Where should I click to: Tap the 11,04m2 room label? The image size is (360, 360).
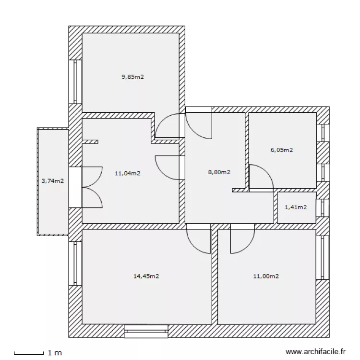click(127, 173)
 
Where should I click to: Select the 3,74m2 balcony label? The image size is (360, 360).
click(52, 181)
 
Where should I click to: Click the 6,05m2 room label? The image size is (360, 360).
click(282, 150)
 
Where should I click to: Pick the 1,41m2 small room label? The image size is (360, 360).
click(296, 207)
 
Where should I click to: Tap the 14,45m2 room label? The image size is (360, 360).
click(146, 276)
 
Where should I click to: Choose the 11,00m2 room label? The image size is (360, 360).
click(266, 276)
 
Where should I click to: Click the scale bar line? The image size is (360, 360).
click(29, 354)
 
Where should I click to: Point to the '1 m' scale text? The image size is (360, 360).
click(55, 353)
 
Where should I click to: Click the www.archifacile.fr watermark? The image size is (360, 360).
click(315, 352)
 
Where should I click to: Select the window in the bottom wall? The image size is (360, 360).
click(146, 330)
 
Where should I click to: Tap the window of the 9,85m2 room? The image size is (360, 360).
click(75, 81)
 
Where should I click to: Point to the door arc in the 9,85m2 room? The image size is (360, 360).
click(168, 126)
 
